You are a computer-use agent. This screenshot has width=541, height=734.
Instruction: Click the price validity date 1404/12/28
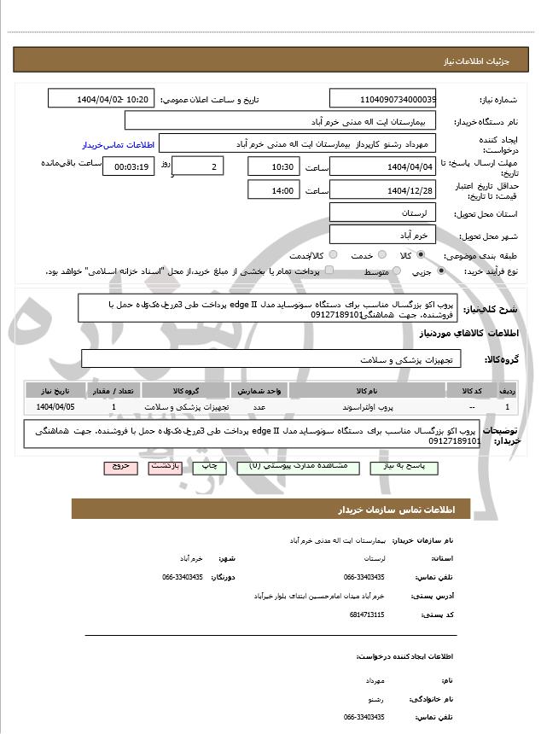pyautogui.click(x=382, y=189)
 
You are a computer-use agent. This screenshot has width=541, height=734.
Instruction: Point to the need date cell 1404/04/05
pyautogui.click(x=55, y=407)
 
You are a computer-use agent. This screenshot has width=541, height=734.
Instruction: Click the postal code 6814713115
pyautogui.click(x=367, y=615)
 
